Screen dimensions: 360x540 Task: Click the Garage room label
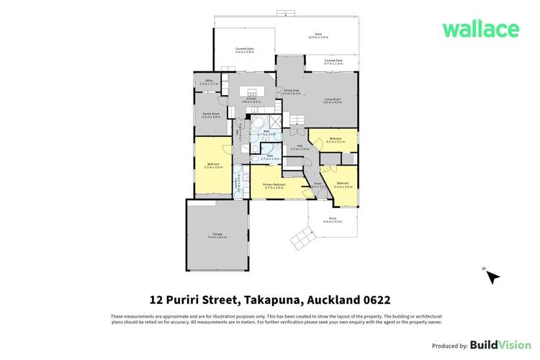217,235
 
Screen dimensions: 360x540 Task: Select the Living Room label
331,100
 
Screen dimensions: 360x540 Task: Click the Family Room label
211,114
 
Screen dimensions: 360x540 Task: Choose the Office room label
209,81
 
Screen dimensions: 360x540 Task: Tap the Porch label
332,219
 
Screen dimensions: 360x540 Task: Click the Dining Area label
290,91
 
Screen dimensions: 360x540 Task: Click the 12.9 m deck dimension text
317,37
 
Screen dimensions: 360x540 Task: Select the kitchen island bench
253,91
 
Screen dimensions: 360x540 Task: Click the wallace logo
480,30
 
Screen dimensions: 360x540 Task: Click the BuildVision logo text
496,345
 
